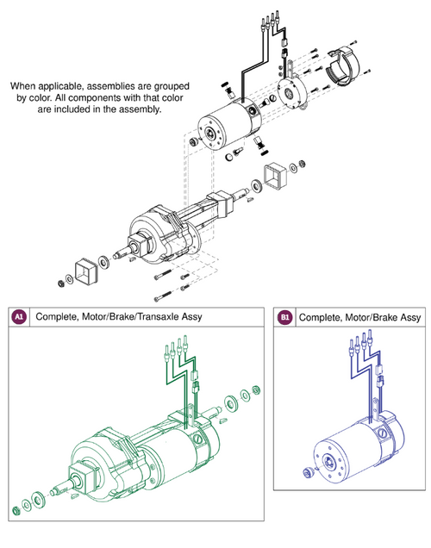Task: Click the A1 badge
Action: click(18, 317)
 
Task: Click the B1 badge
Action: click(285, 318)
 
